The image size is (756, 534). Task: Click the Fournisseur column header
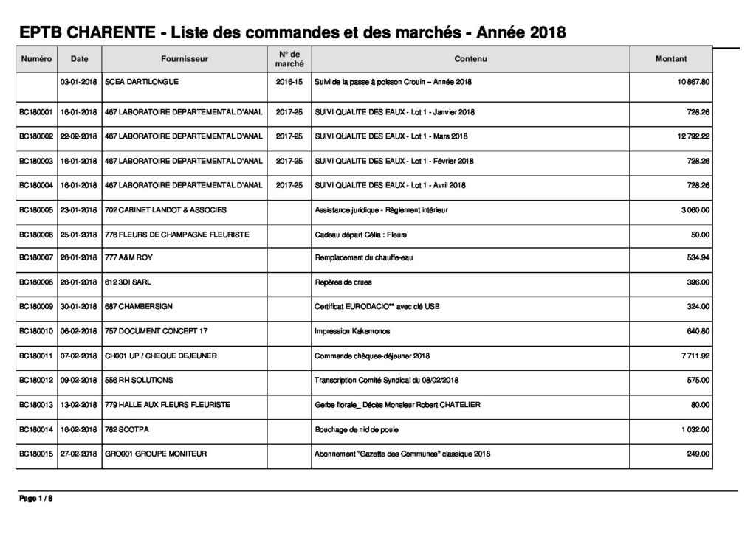coord(184,59)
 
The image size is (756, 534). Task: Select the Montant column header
coord(670,59)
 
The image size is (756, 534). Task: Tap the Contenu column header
coord(471,59)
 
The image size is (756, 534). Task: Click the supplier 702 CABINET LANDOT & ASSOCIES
coord(165,210)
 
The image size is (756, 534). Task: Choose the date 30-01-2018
coord(79,306)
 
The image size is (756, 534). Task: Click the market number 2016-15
coord(289,81)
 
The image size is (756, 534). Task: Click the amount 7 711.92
coord(694,356)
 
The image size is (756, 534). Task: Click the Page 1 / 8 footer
coord(36,499)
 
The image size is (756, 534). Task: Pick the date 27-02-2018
coord(79,454)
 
